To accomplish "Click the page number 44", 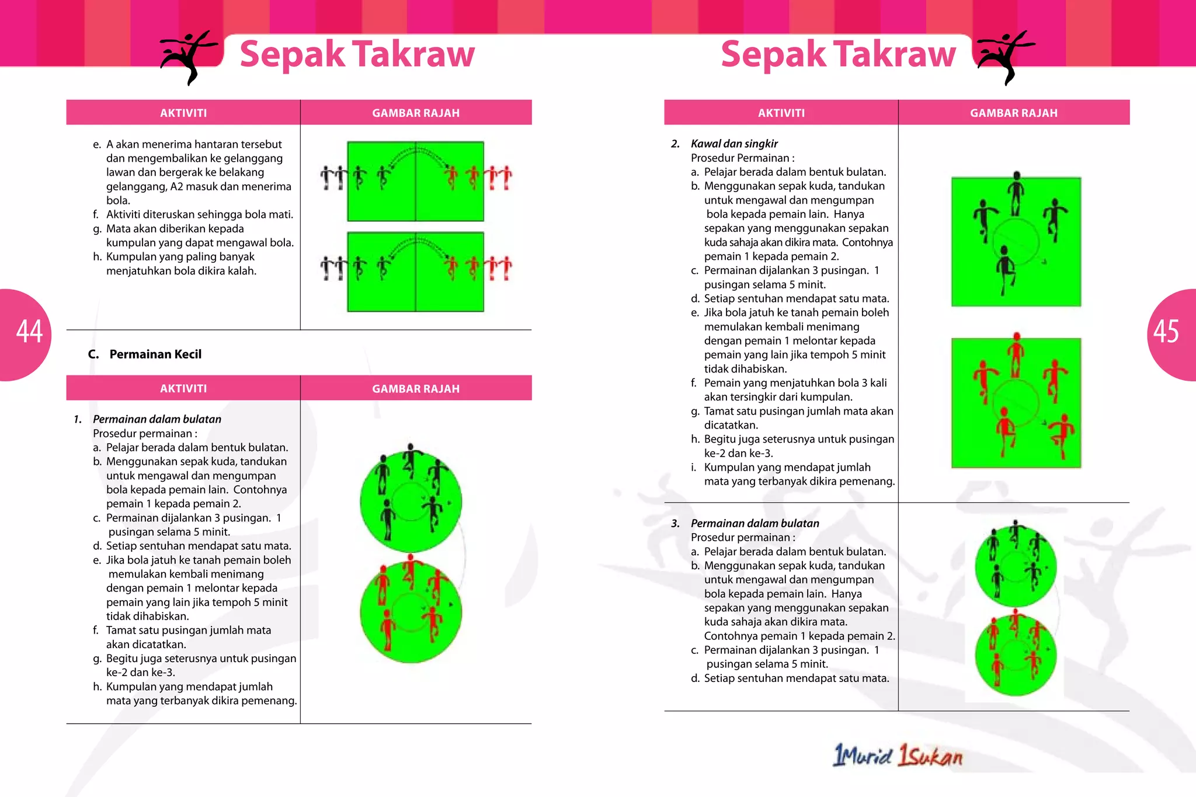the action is pos(29,332).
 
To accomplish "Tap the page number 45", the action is pos(1166,332).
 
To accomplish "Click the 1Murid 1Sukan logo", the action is pos(898,756).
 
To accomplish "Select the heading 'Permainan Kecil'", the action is pos(155,354).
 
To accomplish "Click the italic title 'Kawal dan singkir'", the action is pos(734,144).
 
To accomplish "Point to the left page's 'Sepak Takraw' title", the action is pos(357,54).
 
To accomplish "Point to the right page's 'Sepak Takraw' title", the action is pos(838,54).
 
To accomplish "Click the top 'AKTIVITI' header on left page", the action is pos(183,113).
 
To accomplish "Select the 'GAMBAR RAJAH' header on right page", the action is pos(1013,113).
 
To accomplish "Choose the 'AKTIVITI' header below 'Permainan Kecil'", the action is pos(183,388).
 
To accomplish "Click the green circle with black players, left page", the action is pos(411,501).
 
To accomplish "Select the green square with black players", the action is pos(1016,242).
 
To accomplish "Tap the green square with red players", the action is pos(1016,403).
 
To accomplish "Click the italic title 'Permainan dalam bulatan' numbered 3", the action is pos(755,523).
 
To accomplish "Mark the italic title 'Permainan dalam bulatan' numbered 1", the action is pos(157,419).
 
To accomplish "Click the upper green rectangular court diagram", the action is pos(415,181).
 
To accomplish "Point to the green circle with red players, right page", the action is pos(1016,655).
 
